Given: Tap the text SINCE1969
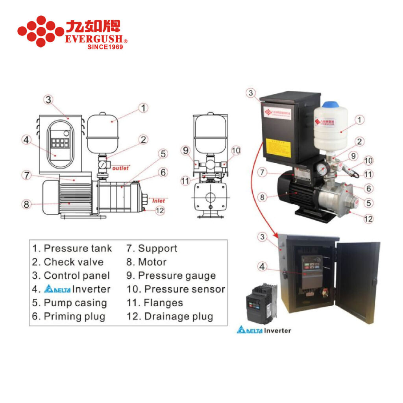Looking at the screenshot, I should [105, 47].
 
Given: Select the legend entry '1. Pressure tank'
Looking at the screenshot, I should [72, 248].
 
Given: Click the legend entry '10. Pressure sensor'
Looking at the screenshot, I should [176, 289].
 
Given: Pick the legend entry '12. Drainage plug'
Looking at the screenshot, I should [170, 316].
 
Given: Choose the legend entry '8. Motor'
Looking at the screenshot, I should [146, 262].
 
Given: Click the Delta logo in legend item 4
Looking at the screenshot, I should [57, 289].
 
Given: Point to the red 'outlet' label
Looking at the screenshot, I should [120, 168].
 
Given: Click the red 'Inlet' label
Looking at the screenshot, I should [159, 201].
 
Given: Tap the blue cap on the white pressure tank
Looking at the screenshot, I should [330, 105].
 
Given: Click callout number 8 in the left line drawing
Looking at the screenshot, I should [26, 204].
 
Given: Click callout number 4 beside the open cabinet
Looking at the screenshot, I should [263, 266].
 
